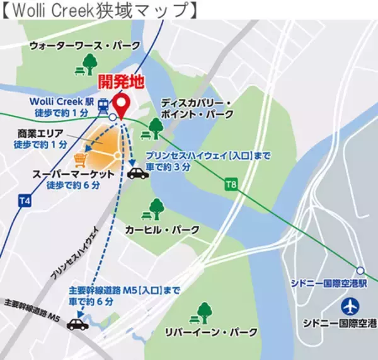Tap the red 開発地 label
pos(120,81)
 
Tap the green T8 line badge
pos(232,185)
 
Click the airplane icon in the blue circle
pos(350,307)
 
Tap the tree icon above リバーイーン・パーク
pos(204,312)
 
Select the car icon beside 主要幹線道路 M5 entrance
pos(79,324)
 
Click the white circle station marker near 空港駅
pos(360,270)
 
